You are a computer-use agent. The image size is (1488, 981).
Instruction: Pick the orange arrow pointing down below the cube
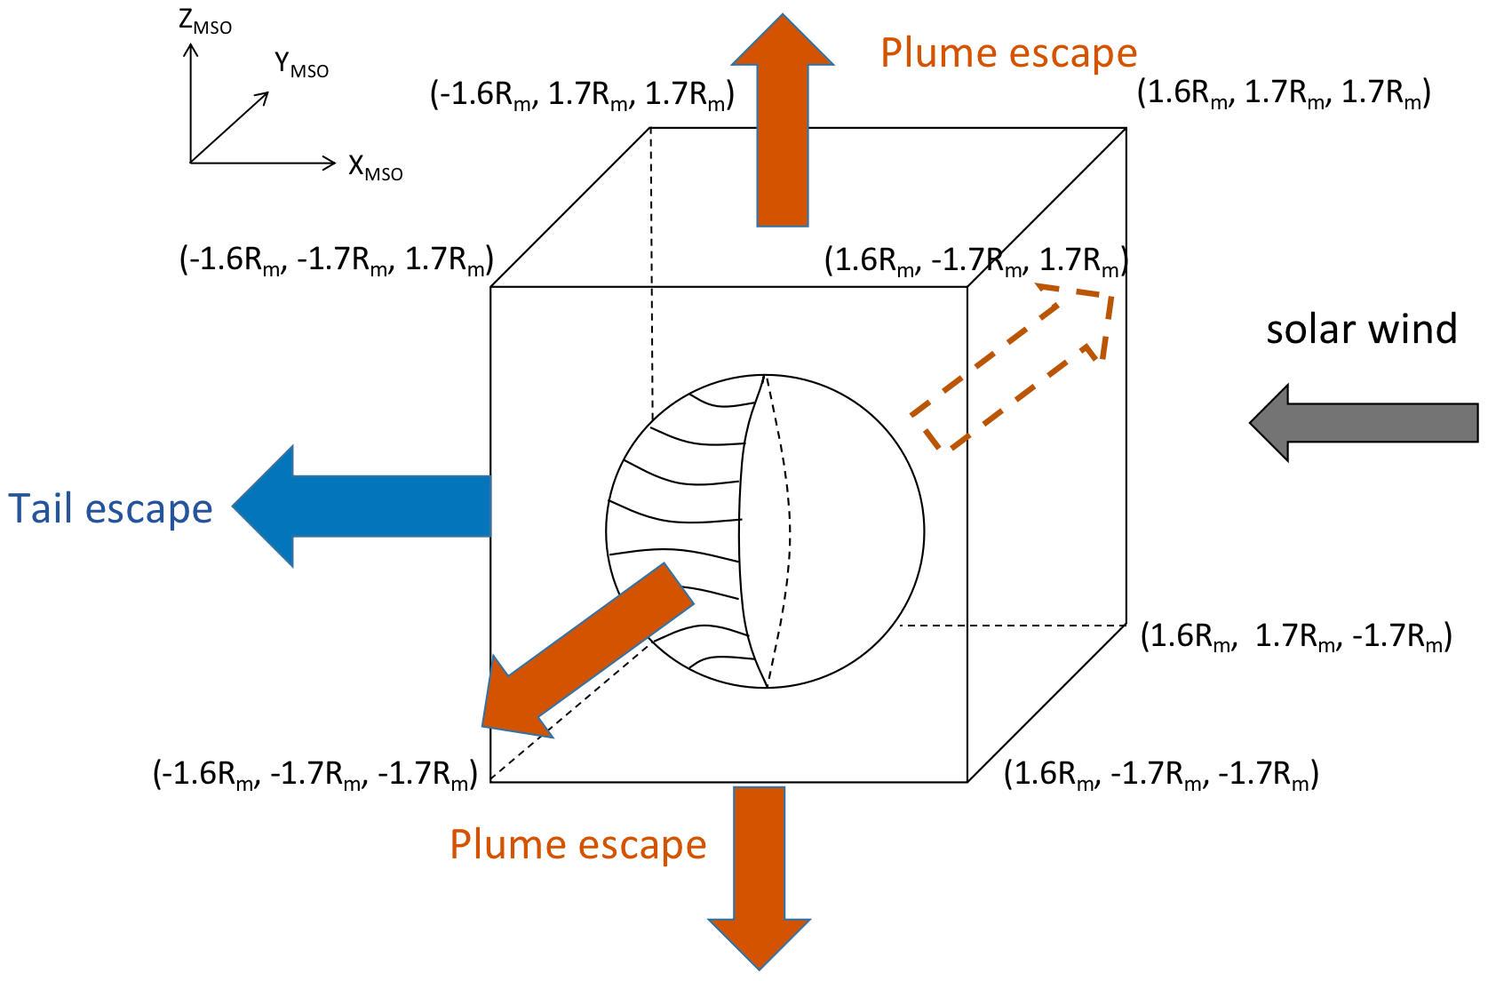coord(760,880)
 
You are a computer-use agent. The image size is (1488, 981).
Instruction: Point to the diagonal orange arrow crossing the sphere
coord(586,649)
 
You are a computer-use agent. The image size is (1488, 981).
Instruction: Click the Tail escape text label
coord(111,509)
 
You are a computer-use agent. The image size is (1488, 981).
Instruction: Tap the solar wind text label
coord(1361,330)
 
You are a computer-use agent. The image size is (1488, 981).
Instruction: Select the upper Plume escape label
coord(1008,53)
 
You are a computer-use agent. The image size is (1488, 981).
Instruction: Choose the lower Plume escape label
coord(577,844)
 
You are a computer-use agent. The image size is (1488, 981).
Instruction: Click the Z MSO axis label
coord(205,22)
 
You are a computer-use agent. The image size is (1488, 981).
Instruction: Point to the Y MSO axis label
coord(301,65)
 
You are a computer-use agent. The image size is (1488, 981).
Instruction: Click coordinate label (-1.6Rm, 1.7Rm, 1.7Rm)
coord(582,94)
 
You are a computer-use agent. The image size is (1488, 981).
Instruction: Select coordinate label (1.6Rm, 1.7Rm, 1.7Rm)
coord(1284,93)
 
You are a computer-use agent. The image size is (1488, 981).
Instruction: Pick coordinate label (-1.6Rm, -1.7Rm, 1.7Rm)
coord(336,260)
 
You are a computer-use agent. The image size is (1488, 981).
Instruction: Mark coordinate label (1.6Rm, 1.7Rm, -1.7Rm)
coord(1296,636)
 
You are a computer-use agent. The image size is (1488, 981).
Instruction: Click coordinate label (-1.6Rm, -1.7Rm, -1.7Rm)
coord(315,774)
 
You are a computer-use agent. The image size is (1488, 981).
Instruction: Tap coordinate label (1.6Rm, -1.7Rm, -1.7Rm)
coord(1161,774)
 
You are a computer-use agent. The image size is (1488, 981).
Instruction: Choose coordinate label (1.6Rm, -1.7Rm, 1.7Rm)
coord(975,260)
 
